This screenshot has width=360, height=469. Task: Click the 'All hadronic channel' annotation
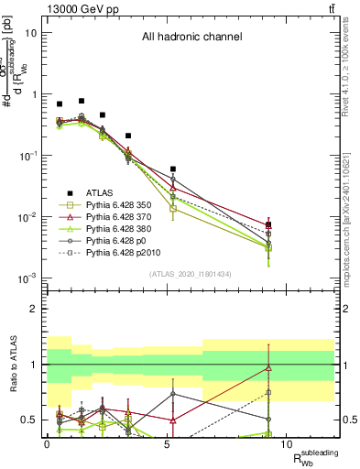click(x=191, y=38)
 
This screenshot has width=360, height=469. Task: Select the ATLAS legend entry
click(x=102, y=192)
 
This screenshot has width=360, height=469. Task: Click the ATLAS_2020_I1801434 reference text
click(x=191, y=274)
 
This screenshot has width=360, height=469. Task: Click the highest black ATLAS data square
click(x=82, y=101)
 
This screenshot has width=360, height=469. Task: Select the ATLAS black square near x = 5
click(x=173, y=169)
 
